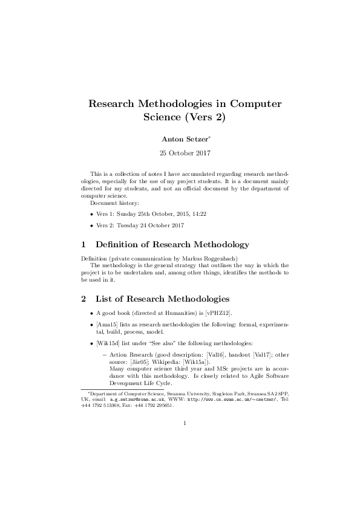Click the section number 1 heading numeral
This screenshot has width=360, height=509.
83,245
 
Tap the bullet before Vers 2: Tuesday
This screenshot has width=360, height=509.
91,225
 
